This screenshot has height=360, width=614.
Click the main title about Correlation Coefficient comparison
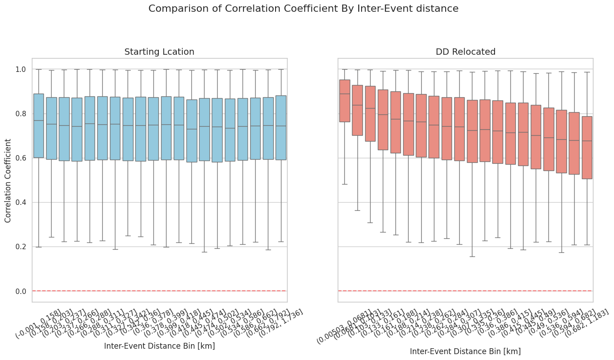[x=303, y=9]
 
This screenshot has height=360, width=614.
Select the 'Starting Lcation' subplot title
[x=159, y=52]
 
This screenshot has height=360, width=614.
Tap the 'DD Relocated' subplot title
[x=465, y=52]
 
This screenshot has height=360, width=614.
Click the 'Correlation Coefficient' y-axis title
[x=8, y=180]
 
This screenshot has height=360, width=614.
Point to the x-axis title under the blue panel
[x=159, y=346]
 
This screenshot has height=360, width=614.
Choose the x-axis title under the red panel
[x=465, y=351]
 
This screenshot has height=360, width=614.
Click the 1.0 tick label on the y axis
[x=20, y=69]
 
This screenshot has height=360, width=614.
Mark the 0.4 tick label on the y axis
[x=20, y=202]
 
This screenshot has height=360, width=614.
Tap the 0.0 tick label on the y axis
[x=20, y=291]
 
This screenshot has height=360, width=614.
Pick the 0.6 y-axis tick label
[x=20, y=158]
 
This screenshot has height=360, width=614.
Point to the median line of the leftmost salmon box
[x=345, y=94]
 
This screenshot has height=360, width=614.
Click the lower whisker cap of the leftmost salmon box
[x=345, y=184]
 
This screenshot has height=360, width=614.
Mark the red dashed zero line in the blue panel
[x=159, y=291]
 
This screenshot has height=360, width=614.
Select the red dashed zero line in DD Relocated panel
[x=465, y=291]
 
